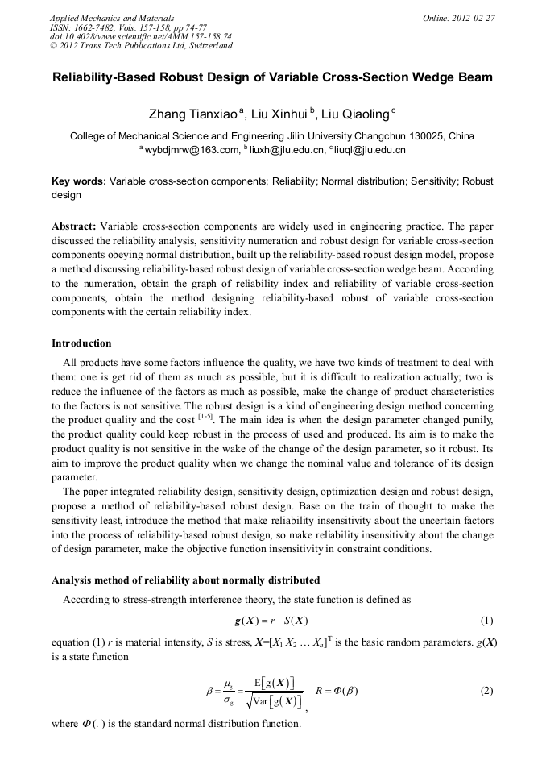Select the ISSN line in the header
127,27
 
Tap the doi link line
140,36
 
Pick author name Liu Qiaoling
355,115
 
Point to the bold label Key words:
78,181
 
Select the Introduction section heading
81,343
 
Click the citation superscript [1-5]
207,417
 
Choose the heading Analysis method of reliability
185,580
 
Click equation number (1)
486,621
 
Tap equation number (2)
486,691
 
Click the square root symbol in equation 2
250,701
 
